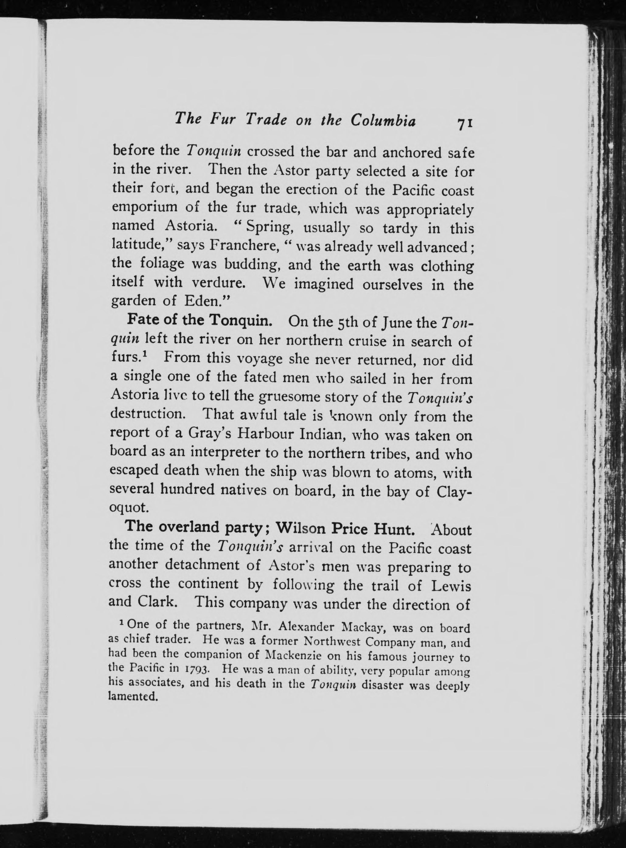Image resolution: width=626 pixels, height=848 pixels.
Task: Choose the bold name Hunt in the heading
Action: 393,528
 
